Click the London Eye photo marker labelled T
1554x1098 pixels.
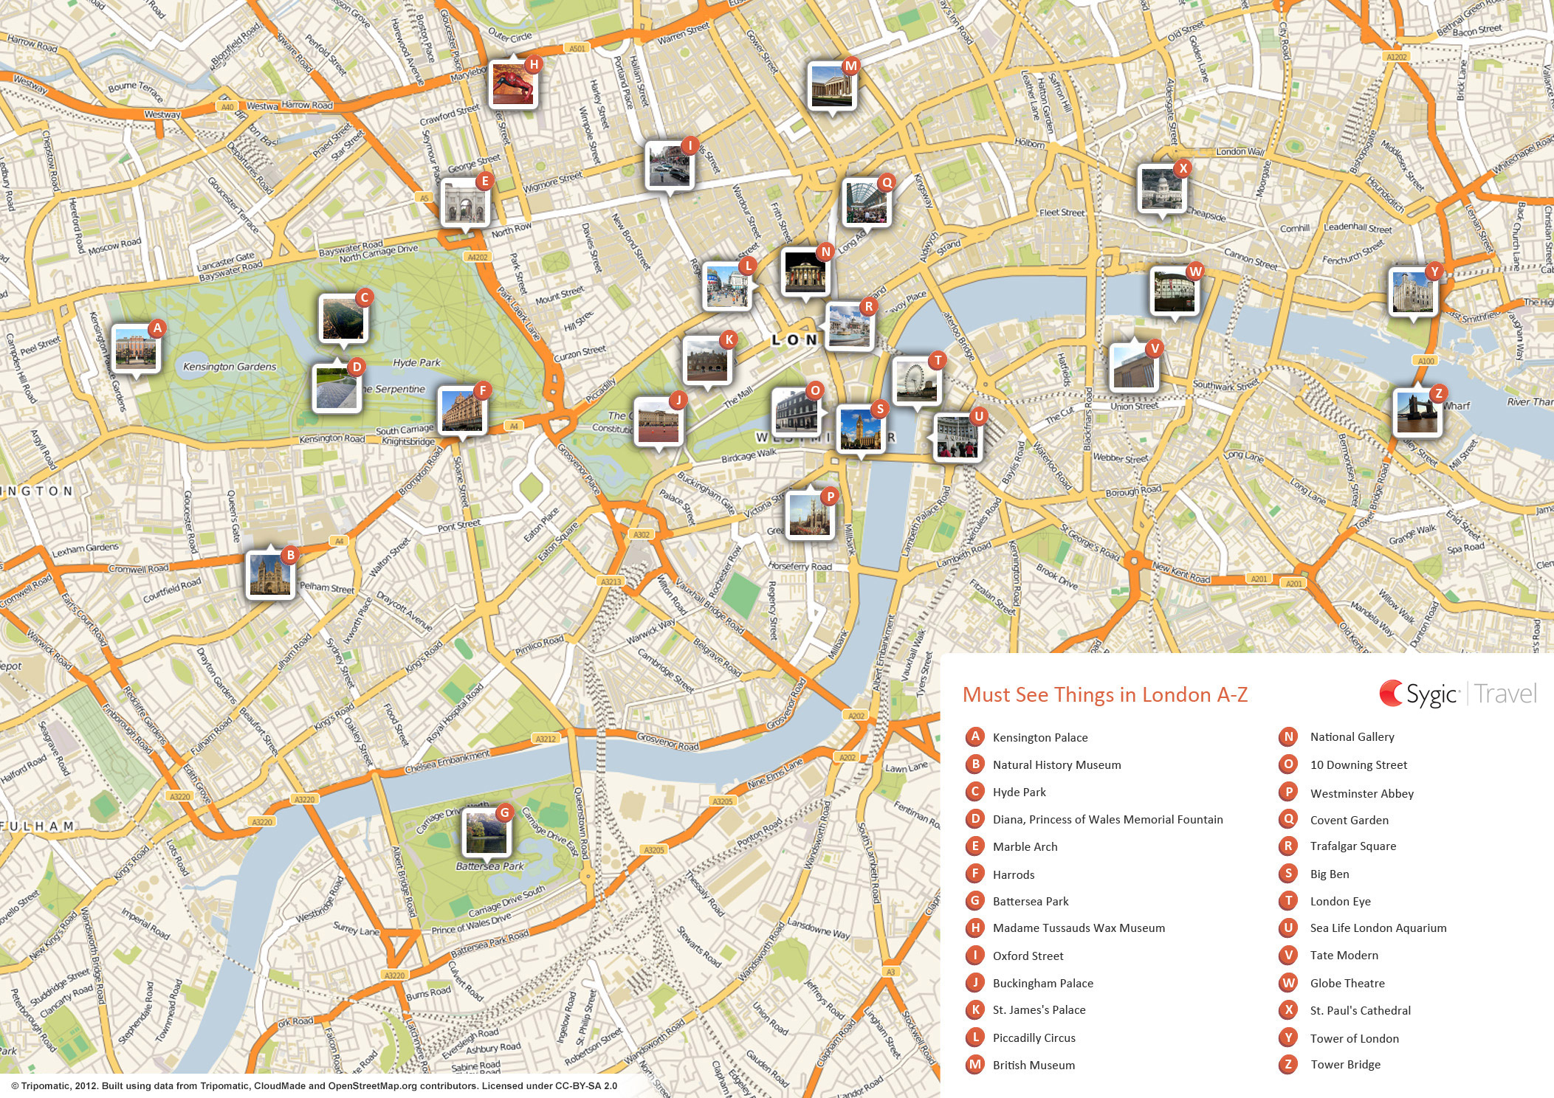[x=916, y=381]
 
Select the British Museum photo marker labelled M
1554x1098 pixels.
[x=831, y=86]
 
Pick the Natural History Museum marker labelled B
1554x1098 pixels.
[x=269, y=575]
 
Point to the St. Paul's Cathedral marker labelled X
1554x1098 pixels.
[x=1161, y=189]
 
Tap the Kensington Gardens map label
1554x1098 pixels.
[x=230, y=367]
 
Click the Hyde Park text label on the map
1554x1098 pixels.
[x=416, y=362]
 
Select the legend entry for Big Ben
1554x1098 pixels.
[x=1329, y=874]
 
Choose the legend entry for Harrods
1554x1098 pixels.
[x=1013, y=874]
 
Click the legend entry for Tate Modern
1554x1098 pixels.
[x=1344, y=956]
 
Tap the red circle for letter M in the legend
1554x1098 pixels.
[x=974, y=1065]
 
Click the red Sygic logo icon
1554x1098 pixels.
[x=1391, y=694]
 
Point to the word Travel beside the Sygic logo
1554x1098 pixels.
[x=1506, y=694]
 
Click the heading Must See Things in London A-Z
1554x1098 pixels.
[x=1104, y=695]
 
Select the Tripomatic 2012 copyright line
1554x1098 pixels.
[x=314, y=1086]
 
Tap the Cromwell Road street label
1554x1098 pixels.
[x=139, y=569]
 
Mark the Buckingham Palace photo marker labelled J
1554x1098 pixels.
[x=657, y=421]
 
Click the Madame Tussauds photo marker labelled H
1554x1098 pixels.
[x=513, y=85]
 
